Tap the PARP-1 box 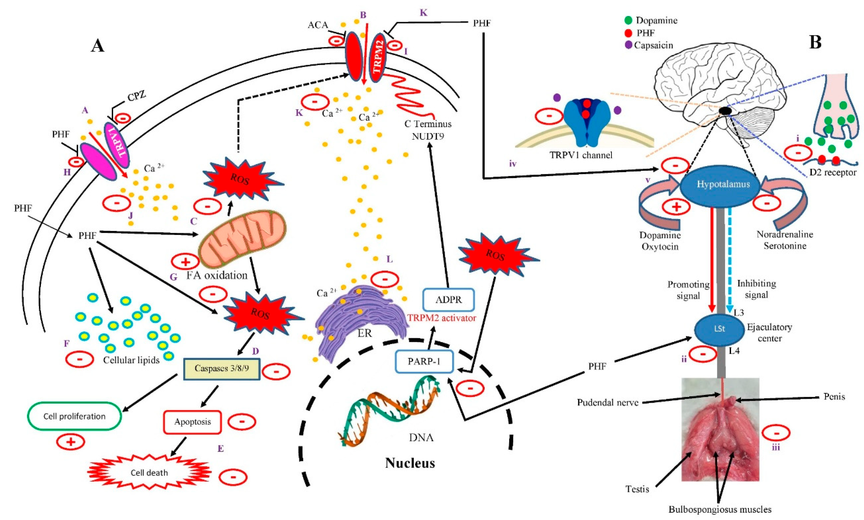424,361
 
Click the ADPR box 449,300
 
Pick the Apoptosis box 193,422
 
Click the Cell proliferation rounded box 74,416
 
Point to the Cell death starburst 149,473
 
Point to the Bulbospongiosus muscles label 720,509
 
